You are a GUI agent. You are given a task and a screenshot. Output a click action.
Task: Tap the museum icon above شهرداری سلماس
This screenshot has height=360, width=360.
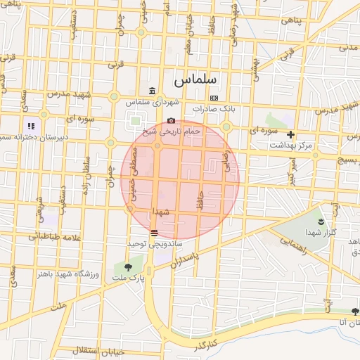[x=153, y=91]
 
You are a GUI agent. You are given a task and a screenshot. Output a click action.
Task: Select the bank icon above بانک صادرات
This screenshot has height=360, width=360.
[x=214, y=98]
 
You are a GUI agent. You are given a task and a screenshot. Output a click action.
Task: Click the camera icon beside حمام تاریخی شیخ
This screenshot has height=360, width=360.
[x=172, y=120]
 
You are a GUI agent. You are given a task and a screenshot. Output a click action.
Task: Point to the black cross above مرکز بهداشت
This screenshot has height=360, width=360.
[x=290, y=134]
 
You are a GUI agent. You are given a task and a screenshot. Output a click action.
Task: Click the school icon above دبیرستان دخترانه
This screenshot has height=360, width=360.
[x=31, y=127]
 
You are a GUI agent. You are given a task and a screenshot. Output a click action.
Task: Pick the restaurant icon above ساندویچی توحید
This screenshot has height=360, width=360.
[x=154, y=232]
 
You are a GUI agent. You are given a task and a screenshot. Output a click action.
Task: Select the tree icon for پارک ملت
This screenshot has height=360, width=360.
[x=127, y=267]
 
